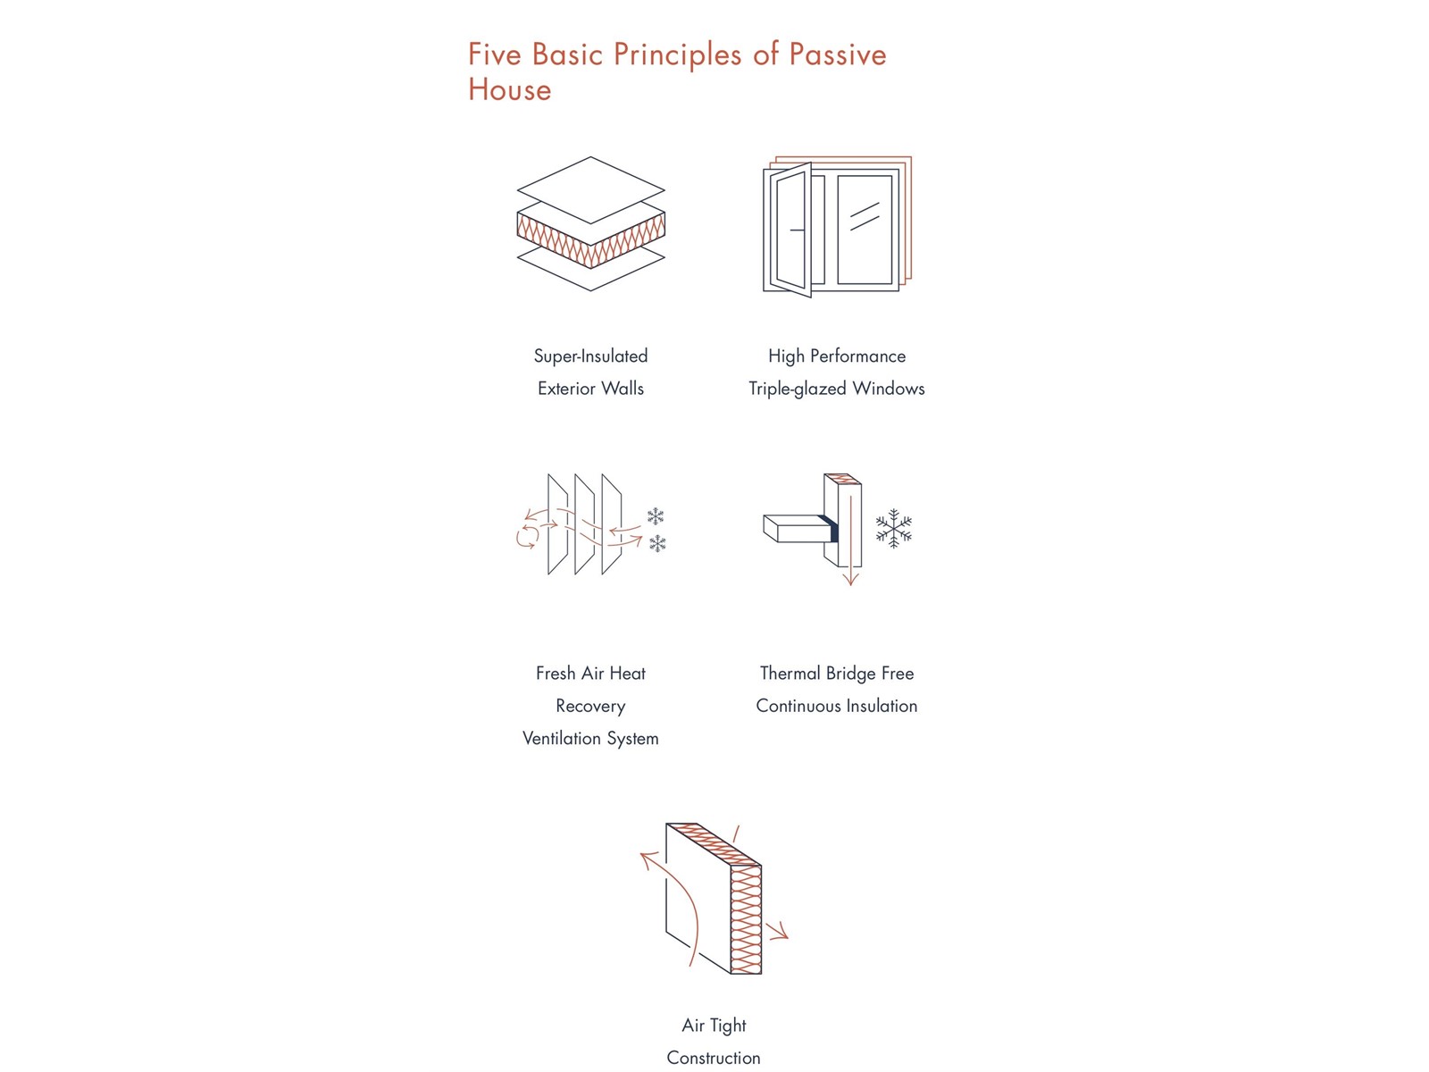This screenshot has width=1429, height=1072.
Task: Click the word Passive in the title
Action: click(837, 54)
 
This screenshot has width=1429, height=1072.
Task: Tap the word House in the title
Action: click(510, 89)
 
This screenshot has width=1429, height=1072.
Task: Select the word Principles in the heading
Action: click(677, 55)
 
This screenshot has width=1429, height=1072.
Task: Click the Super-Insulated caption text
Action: click(590, 356)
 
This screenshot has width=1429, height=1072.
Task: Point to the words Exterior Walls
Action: click(590, 389)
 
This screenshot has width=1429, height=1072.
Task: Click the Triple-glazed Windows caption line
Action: click(837, 389)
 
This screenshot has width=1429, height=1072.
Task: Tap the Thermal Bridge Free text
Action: click(837, 673)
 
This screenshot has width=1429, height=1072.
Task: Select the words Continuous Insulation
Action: click(837, 706)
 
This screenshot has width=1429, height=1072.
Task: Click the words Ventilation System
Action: click(590, 738)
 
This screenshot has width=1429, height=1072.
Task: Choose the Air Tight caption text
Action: click(714, 1026)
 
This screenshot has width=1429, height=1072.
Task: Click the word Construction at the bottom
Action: click(714, 1058)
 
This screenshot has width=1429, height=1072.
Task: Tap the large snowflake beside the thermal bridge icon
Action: click(893, 528)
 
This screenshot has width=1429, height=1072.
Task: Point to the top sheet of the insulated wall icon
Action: click(590, 190)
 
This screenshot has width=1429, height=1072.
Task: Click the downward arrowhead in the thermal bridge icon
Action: click(851, 578)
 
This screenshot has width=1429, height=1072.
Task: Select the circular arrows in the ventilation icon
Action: click(526, 536)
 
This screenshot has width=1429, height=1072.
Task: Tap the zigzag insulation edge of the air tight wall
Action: click(747, 920)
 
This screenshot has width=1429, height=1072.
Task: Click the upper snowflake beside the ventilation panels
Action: click(655, 516)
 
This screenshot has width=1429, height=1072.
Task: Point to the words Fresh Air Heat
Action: click(590, 673)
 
